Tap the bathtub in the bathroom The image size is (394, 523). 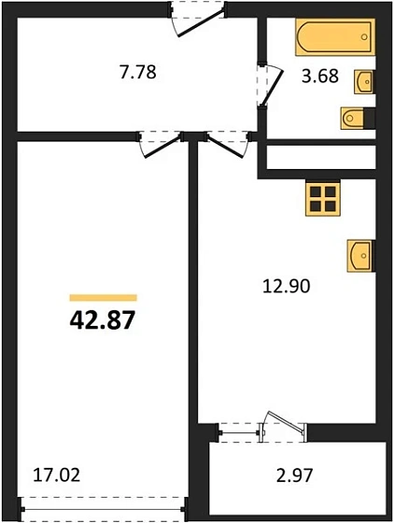pos(333,38)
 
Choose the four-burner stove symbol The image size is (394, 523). pos(322,198)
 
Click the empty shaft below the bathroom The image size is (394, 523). pos(322,156)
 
